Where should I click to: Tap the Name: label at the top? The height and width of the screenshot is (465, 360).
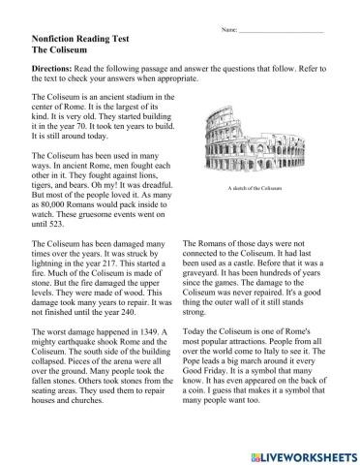coord(229,31)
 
